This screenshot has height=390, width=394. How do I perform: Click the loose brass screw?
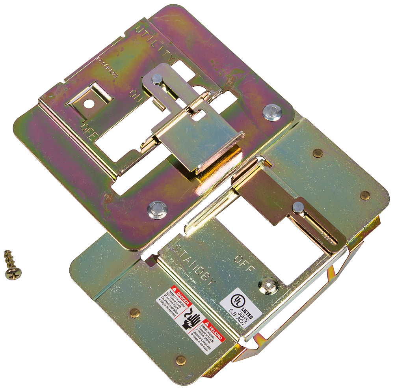click(x=12, y=265)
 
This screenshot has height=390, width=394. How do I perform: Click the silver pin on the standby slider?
click(x=299, y=206)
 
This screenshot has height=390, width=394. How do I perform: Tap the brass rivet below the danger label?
click(x=181, y=360)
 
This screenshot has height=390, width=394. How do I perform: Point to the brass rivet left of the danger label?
click(x=135, y=313)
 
